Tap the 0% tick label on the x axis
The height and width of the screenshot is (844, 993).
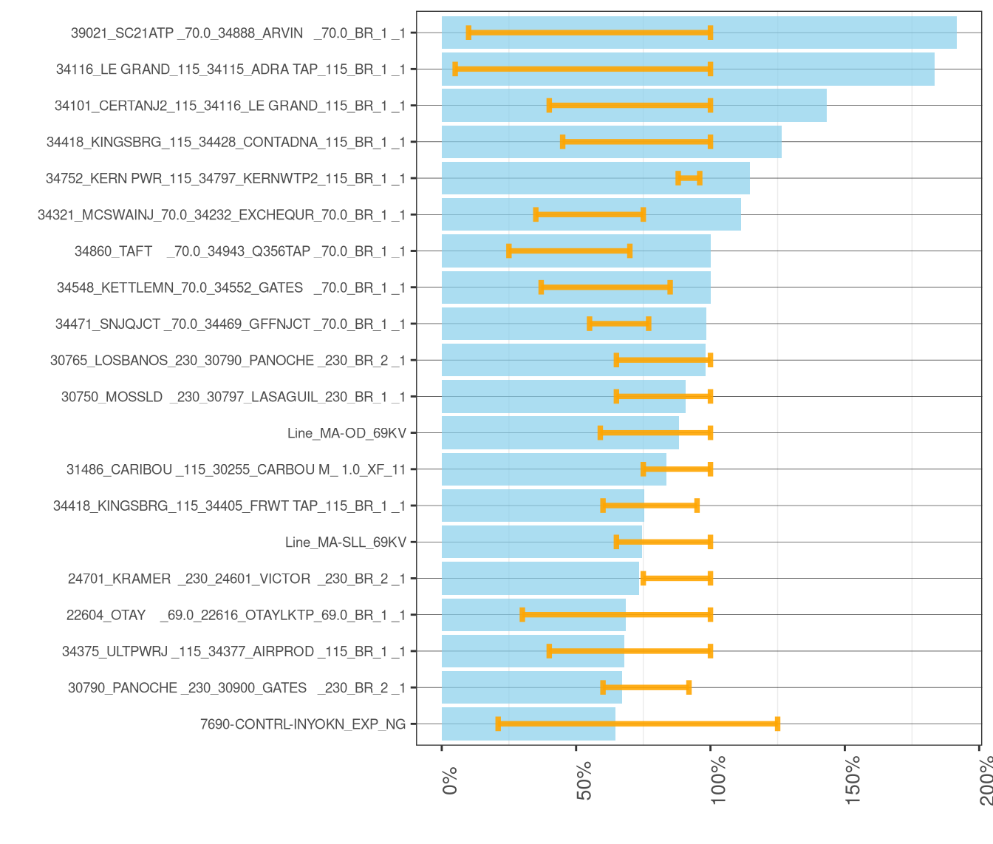450,781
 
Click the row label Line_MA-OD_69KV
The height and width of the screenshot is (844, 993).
347,433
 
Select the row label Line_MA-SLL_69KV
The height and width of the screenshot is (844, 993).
346,542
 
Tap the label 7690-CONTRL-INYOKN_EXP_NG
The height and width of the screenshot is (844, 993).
303,724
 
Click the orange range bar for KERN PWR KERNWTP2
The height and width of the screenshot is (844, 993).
689,178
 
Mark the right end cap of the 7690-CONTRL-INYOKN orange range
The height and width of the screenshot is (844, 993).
777,724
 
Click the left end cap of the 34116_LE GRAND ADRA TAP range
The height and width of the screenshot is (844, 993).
455,69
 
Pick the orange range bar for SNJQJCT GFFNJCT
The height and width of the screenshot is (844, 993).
619,324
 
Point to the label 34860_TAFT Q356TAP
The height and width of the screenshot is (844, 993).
240,251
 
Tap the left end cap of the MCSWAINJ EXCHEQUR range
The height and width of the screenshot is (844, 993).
536,214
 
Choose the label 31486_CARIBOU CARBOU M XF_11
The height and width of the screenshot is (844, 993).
236,469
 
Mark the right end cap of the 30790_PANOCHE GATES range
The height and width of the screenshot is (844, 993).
689,687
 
